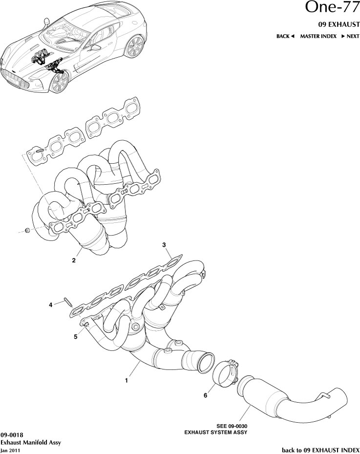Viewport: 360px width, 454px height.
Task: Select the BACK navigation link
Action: pos(286,36)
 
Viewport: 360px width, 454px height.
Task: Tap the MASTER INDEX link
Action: pos(318,36)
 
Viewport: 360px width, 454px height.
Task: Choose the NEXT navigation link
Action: pos(350,36)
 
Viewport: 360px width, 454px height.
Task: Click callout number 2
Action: pos(74,260)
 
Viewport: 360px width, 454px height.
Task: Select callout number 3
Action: pos(164,244)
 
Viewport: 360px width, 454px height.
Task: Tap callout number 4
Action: pos(50,305)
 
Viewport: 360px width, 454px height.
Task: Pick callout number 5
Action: pos(76,336)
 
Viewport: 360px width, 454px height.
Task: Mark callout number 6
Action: pos(206,395)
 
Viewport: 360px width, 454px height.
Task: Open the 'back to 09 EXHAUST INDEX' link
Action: pos(320,449)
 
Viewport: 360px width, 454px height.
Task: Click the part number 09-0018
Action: pos(12,434)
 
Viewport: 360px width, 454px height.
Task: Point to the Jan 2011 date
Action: pos(10,450)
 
